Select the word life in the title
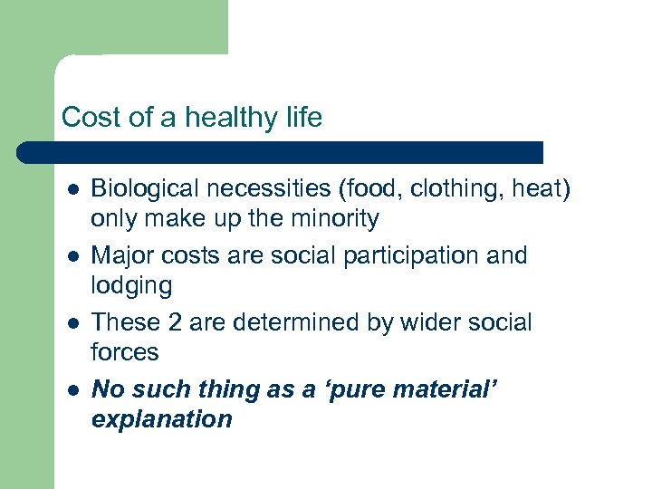[301, 119]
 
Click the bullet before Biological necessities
[72, 189]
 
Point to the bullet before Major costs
[72, 256]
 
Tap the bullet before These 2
[72, 323]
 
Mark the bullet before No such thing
[72, 390]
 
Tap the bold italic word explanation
[162, 420]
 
